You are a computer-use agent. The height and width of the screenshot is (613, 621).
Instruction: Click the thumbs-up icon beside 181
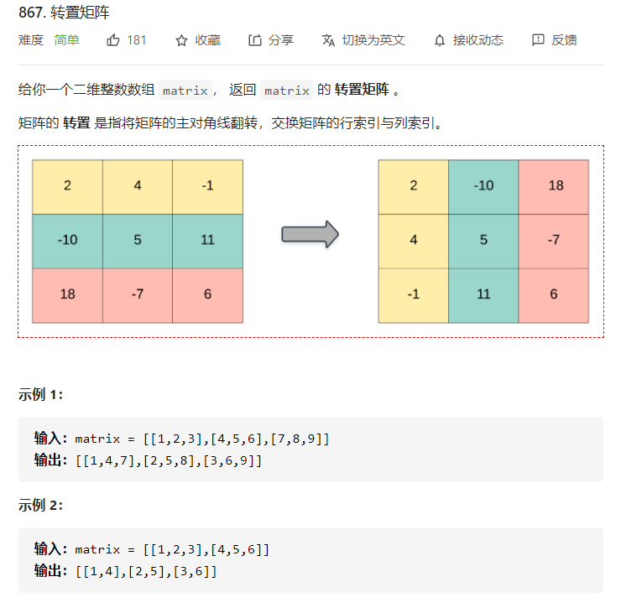113,40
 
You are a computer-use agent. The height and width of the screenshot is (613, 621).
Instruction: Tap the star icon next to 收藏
181,40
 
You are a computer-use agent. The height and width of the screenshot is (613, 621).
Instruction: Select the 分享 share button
270,40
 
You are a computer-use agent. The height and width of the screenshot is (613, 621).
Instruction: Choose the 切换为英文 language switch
363,40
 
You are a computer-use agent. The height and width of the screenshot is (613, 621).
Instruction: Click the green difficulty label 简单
67,40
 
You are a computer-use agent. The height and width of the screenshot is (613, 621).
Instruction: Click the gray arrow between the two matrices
310,234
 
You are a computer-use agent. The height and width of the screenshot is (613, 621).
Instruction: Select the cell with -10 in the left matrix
67,241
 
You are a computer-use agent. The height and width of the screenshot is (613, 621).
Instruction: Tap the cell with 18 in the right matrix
555,185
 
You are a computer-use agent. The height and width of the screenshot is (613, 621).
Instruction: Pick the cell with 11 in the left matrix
207,241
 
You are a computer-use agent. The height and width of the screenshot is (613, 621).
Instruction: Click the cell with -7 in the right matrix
555,240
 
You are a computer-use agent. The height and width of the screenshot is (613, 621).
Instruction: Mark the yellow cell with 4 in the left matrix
138,186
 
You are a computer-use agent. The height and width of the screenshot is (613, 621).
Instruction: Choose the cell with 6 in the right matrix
555,294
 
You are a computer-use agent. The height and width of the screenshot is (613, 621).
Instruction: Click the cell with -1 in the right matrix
413,294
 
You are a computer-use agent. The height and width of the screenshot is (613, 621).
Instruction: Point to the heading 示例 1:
40,395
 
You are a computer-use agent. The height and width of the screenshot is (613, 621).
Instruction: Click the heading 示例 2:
40,506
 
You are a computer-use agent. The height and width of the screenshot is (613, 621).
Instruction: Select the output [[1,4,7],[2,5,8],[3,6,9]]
169,460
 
